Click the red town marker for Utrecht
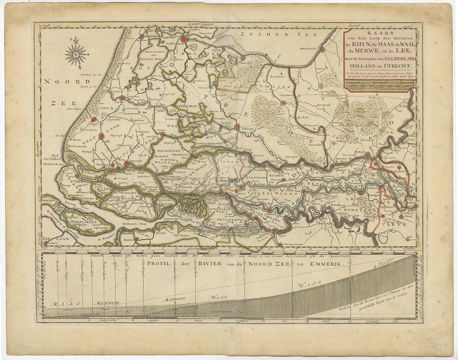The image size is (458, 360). click(237, 127)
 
